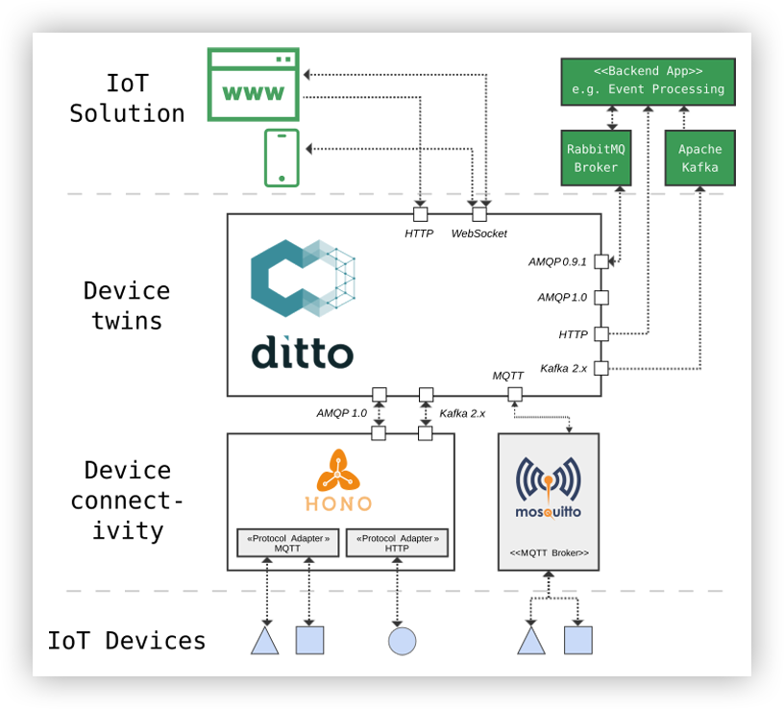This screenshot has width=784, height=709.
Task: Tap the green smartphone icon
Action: (282, 158)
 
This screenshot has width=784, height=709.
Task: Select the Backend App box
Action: (648, 81)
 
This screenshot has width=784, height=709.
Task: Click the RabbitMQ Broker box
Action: (596, 158)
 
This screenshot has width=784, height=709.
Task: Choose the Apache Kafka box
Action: (699, 158)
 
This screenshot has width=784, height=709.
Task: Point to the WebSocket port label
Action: (478, 233)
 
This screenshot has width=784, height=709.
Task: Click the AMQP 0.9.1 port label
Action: (557, 261)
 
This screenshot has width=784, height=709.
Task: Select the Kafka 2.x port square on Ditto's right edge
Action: (601, 368)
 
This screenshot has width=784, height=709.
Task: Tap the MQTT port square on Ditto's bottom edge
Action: (515, 394)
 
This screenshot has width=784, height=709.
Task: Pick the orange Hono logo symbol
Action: (338, 471)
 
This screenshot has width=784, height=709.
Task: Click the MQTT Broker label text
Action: (549, 554)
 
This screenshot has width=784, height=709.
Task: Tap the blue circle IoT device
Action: (402, 641)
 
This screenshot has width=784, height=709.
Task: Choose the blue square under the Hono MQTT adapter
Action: (309, 640)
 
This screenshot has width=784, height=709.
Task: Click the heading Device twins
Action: (127, 306)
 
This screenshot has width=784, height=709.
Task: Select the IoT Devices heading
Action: (127, 641)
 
